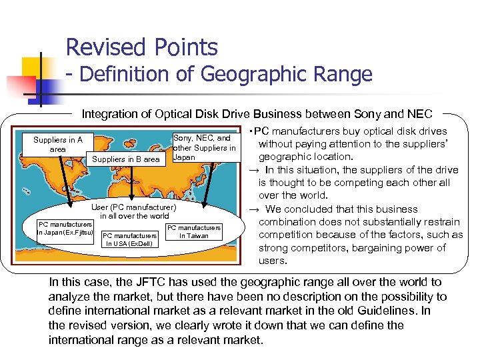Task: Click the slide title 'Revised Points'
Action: [x=141, y=47]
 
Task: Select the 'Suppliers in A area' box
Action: [x=58, y=144]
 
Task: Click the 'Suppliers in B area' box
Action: [x=126, y=159]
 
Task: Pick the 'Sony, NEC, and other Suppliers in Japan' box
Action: [x=204, y=147]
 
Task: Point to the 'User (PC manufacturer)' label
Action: [x=134, y=207]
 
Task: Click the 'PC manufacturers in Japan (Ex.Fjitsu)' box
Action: [x=65, y=227]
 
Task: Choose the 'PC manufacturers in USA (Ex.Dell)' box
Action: [x=129, y=239]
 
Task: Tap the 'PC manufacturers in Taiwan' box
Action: [x=193, y=231]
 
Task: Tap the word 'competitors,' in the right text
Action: [x=316, y=248]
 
